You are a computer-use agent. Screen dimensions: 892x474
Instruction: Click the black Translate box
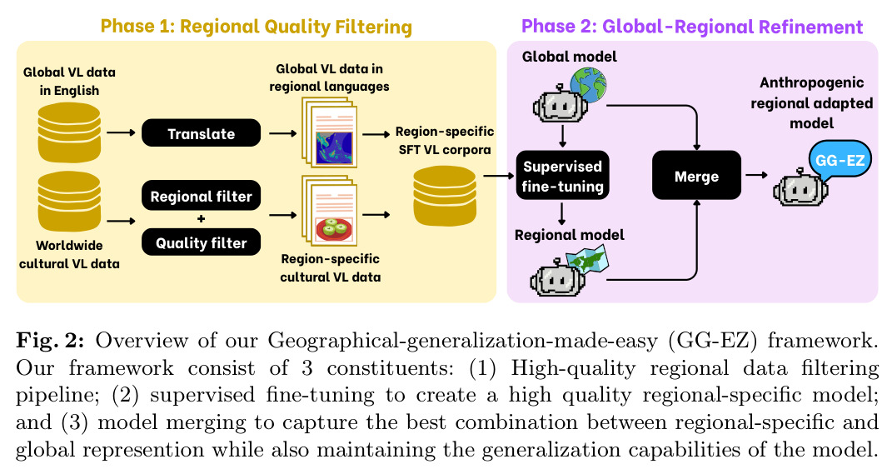[x=201, y=133]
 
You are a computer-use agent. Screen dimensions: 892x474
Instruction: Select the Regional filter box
[x=201, y=196]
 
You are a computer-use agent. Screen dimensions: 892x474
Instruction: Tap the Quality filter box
[x=201, y=242]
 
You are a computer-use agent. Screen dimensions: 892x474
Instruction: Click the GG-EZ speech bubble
[x=839, y=160]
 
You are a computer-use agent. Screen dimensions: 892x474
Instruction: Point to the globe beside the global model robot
[x=588, y=85]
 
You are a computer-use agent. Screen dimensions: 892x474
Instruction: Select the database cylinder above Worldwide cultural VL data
[x=69, y=202]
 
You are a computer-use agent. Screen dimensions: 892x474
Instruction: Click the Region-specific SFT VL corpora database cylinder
[x=444, y=196]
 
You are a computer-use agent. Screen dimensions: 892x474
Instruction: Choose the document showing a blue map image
[x=330, y=133]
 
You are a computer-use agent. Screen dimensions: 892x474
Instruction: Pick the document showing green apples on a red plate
[x=330, y=212]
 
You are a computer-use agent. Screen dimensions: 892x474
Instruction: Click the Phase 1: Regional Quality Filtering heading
[x=256, y=27]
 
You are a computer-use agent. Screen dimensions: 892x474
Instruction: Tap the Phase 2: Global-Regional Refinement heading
[x=692, y=27]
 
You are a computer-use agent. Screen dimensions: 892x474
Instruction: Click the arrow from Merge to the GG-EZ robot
[x=756, y=175]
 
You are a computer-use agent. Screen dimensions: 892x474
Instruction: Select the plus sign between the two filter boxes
[x=201, y=219]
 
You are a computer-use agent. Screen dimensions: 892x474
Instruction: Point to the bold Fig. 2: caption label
[x=50, y=340]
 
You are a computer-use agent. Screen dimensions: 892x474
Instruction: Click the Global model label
[x=569, y=57]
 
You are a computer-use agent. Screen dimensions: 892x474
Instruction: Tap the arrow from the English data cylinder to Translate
[x=121, y=133]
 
